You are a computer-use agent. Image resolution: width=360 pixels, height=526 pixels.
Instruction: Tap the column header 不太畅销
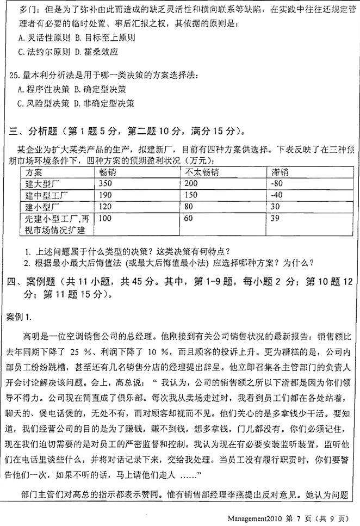coord(202,172)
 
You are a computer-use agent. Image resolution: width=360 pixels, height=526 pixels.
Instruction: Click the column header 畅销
coord(107,172)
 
